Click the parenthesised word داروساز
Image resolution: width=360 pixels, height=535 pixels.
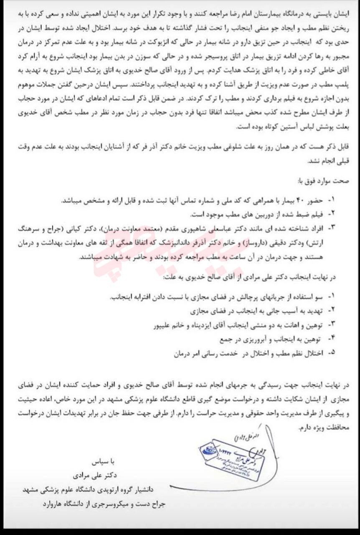255,242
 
